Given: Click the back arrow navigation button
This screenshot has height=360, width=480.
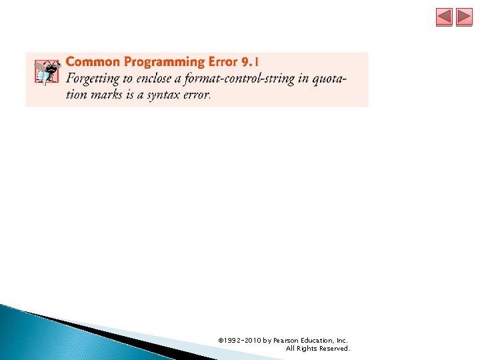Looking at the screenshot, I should pos(444,17).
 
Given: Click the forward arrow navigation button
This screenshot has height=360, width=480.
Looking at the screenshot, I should pos(464,17).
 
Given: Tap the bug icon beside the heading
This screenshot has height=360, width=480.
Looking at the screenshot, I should pos(46,72).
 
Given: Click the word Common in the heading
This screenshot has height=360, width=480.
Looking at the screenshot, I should pos(92,62).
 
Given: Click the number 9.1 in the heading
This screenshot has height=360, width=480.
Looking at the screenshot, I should pos(251,62).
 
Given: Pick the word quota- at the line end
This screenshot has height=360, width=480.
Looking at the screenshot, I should pos(331,79).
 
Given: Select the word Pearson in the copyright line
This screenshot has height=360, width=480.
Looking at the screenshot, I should pos(285,340).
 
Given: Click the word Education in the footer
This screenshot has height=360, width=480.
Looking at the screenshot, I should pos(318,340).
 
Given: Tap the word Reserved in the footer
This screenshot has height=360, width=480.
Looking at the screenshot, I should pos(333,349).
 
